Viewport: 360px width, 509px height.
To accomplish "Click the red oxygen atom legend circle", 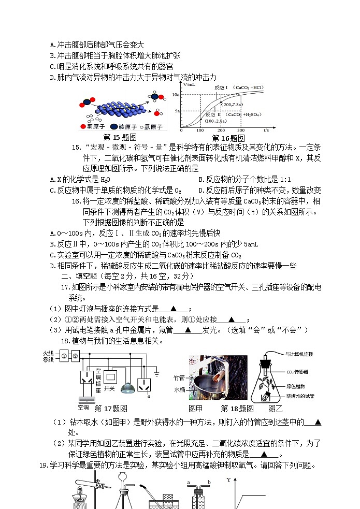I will [82, 127].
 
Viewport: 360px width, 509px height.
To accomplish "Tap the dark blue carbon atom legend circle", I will [113, 127].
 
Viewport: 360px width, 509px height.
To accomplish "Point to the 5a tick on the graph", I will [177, 111].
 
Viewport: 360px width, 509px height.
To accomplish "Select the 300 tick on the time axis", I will [240, 130].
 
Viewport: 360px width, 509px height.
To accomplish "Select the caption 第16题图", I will [228, 138].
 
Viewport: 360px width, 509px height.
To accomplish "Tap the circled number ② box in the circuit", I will [76, 356].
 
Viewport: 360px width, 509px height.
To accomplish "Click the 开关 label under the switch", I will [109, 388].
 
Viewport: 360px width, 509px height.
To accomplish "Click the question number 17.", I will [65, 287].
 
